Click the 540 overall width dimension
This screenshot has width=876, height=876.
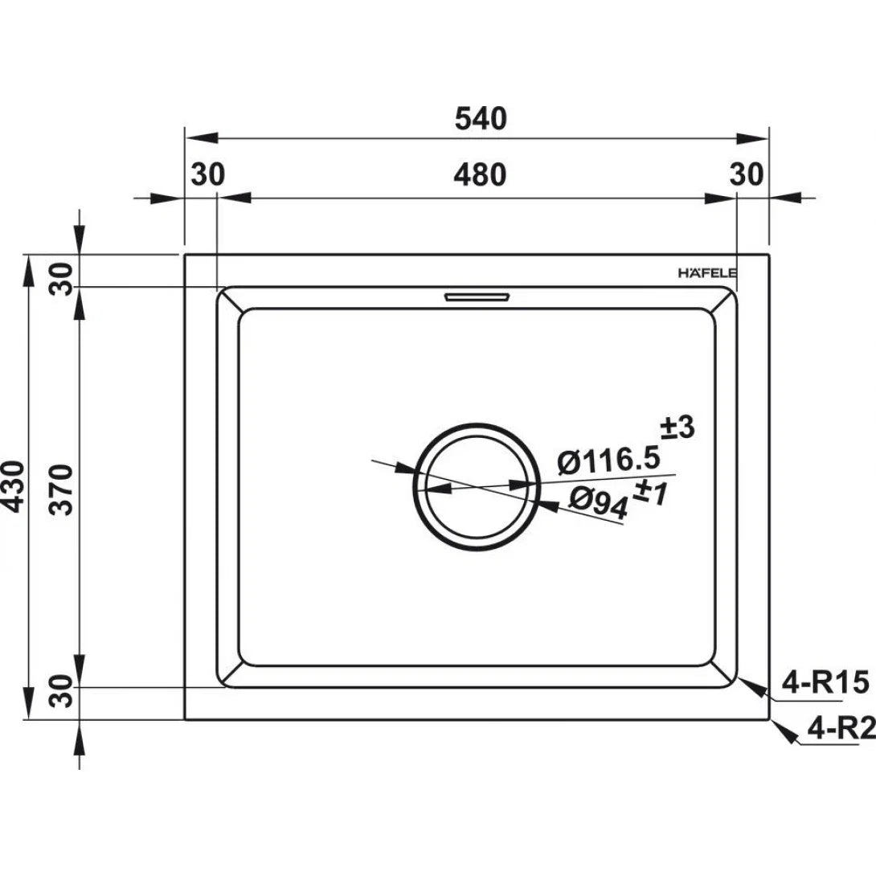[481, 119]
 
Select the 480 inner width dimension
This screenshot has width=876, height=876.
[481, 174]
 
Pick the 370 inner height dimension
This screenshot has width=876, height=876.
[61, 489]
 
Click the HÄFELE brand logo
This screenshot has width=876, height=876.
[707, 273]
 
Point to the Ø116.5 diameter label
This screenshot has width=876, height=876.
[609, 461]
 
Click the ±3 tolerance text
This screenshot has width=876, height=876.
[677, 428]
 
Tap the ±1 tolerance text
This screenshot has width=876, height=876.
[652, 493]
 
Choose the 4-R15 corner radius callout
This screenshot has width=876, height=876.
[825, 682]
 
